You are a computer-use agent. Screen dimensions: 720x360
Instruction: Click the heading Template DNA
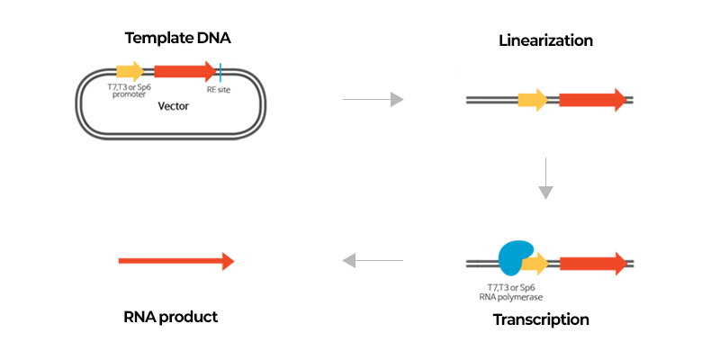pos(177,38)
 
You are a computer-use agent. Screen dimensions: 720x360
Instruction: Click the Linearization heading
pos(545,40)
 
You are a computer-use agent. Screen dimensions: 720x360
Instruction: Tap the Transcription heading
pos(541,319)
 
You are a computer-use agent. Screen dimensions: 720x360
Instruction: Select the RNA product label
pos(171,317)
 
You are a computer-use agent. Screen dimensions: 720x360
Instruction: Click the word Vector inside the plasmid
pos(173,106)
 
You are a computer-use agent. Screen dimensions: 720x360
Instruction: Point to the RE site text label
pos(219,90)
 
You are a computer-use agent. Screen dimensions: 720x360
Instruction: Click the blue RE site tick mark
pos(220,72)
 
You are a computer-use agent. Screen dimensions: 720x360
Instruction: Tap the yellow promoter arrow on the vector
pos(130,71)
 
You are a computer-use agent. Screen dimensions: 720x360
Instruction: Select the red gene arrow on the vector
pos(185,71)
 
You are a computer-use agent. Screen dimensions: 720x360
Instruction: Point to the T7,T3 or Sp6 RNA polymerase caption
pos(510,292)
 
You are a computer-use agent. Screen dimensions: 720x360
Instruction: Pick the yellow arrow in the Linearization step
pos(533,100)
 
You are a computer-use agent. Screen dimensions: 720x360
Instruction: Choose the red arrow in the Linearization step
pos(593,100)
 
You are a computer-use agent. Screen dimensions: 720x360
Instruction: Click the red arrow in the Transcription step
pos(593,264)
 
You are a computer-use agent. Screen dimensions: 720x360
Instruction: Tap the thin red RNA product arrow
pos(176,261)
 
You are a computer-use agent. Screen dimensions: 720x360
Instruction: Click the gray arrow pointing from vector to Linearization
pos(373,99)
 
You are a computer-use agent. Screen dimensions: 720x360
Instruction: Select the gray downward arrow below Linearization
pos(545,178)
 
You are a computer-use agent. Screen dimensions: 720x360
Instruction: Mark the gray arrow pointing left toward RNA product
pos(373,261)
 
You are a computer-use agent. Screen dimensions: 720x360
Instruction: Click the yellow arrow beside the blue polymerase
pos(538,264)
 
